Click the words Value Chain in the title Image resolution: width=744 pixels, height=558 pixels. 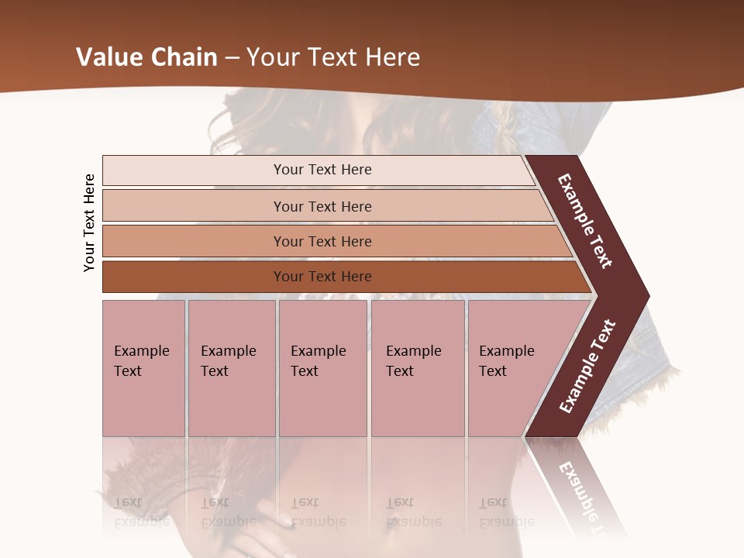(x=146, y=57)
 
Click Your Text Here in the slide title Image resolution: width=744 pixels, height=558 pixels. (x=333, y=57)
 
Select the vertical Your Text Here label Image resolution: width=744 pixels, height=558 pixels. (x=89, y=223)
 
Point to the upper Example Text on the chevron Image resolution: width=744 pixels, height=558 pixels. (x=586, y=222)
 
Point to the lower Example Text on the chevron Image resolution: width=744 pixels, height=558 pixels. (x=587, y=366)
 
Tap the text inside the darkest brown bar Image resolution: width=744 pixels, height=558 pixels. (x=322, y=277)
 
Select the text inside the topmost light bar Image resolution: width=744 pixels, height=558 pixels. (x=322, y=170)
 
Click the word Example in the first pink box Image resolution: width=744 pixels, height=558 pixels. (x=141, y=351)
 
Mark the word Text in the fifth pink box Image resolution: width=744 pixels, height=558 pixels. (x=493, y=371)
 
